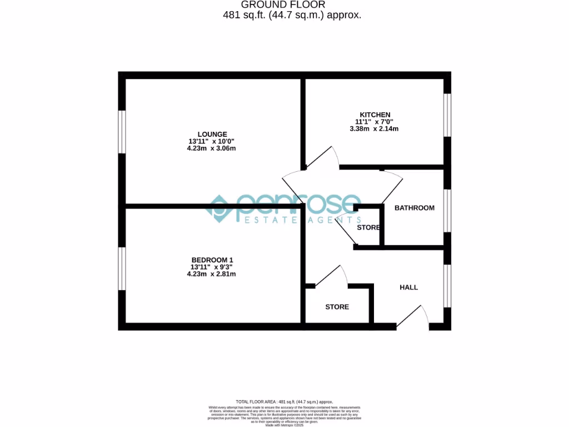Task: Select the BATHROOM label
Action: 414,208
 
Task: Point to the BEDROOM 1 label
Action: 212,260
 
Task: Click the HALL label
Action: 408,287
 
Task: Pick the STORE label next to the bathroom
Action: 368,228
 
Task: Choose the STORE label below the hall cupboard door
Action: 337,307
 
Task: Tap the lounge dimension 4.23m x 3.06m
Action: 208,148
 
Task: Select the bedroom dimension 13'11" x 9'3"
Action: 212,267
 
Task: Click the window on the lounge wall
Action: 122,132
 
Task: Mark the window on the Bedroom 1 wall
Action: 122,268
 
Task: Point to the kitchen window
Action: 447,115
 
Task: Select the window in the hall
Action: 447,285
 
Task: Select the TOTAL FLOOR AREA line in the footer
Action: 284,401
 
